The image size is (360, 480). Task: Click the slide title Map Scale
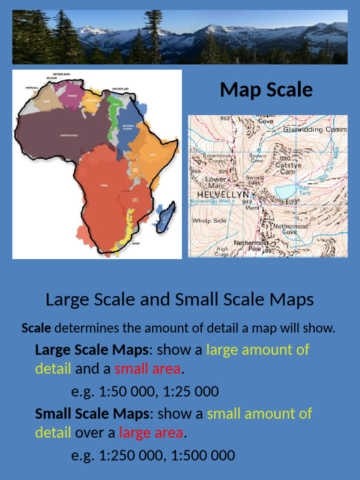(x=266, y=90)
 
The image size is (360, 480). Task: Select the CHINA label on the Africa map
(x=104, y=185)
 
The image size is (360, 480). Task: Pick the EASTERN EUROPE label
(x=128, y=127)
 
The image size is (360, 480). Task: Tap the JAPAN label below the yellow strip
(x=136, y=243)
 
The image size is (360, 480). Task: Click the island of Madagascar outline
(x=166, y=217)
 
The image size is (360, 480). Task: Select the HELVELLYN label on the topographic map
(x=223, y=194)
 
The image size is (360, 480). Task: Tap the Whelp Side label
(x=209, y=220)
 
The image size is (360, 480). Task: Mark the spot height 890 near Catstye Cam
(x=285, y=159)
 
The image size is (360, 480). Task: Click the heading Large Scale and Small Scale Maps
(x=180, y=300)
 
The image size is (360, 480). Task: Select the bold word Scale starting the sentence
(x=36, y=328)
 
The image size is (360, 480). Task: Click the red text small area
(x=147, y=369)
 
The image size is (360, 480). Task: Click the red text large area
(x=150, y=433)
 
